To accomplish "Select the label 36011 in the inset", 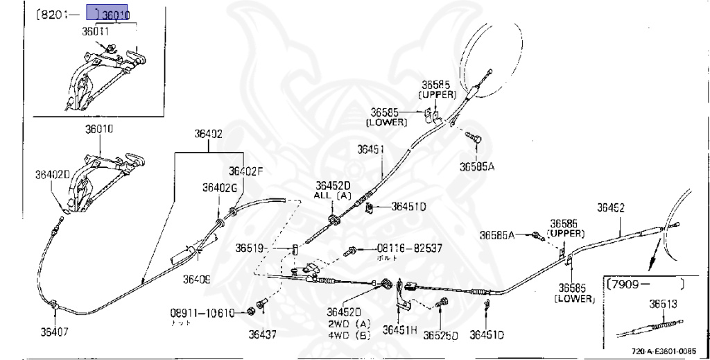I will click(95, 31).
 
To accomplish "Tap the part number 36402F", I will click(246, 171).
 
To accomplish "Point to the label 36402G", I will click(220, 187).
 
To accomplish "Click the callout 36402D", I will click(53, 174).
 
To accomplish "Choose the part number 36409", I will click(196, 280).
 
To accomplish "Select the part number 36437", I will click(263, 334).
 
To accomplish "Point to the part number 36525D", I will click(443, 335).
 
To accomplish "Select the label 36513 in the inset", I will click(663, 303).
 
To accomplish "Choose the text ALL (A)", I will click(333, 196).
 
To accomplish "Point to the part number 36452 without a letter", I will click(611, 207).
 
